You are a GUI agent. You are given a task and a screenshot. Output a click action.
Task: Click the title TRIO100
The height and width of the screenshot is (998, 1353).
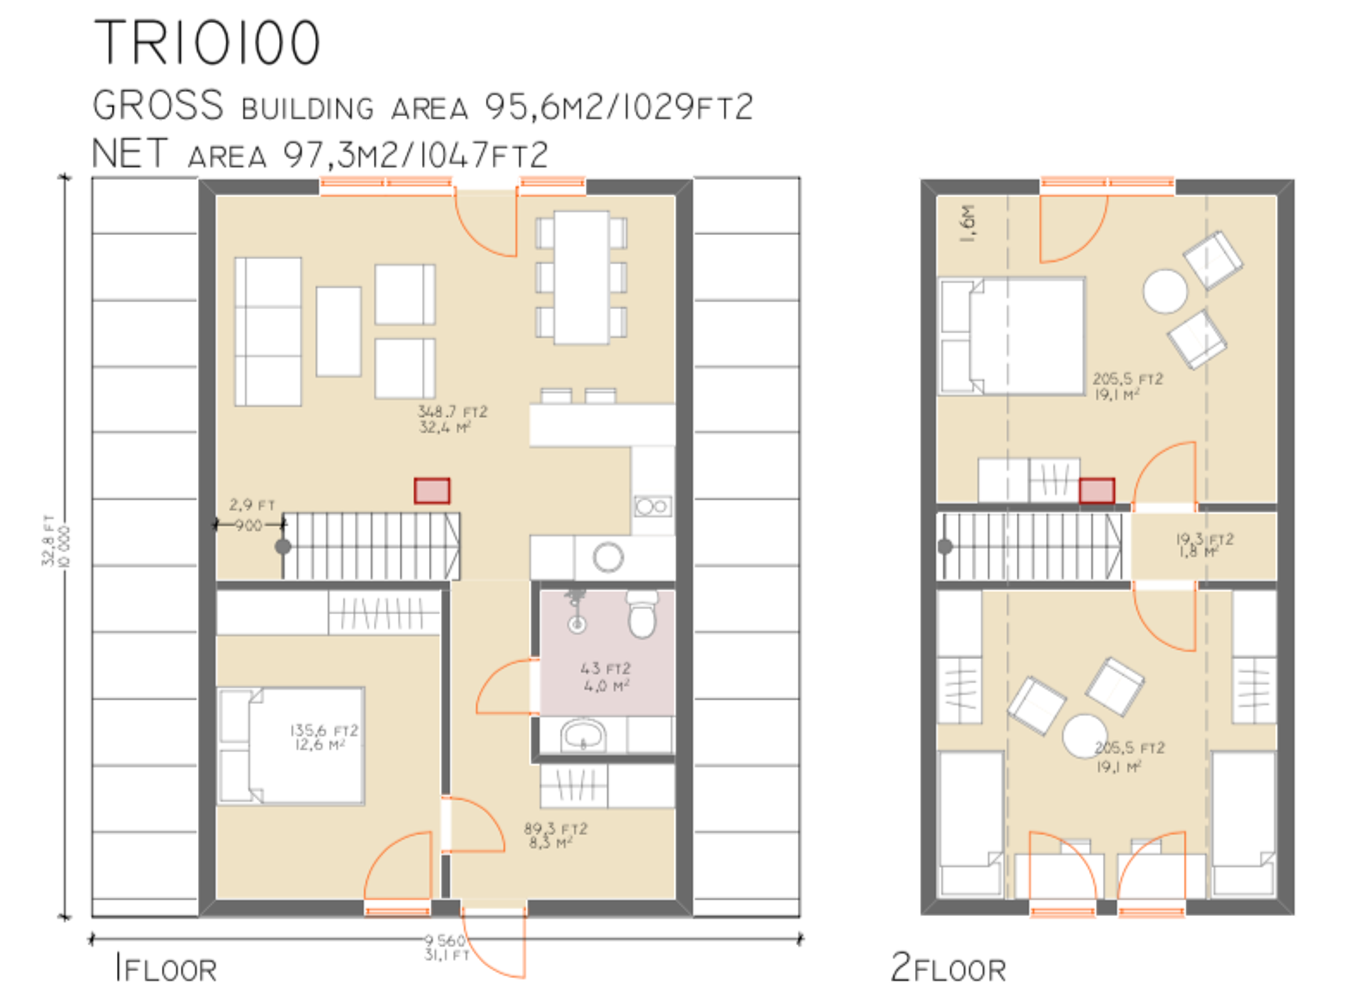[x=206, y=42]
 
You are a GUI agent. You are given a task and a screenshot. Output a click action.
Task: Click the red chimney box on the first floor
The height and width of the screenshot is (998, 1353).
[x=432, y=491]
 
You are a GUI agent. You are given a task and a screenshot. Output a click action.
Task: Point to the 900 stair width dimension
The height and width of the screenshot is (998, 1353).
[x=249, y=525]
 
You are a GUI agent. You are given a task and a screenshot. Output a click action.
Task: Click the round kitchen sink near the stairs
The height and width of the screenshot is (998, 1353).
[x=608, y=557]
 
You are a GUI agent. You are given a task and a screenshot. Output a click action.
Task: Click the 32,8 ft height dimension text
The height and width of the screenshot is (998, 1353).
[x=48, y=541]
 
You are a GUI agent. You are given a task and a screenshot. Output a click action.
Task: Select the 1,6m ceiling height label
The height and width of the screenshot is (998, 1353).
[x=968, y=223]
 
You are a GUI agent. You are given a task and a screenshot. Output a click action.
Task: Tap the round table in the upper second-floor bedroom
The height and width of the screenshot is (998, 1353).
[x=1164, y=291]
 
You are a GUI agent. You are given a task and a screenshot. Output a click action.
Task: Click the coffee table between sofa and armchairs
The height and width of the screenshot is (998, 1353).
[x=338, y=331]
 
